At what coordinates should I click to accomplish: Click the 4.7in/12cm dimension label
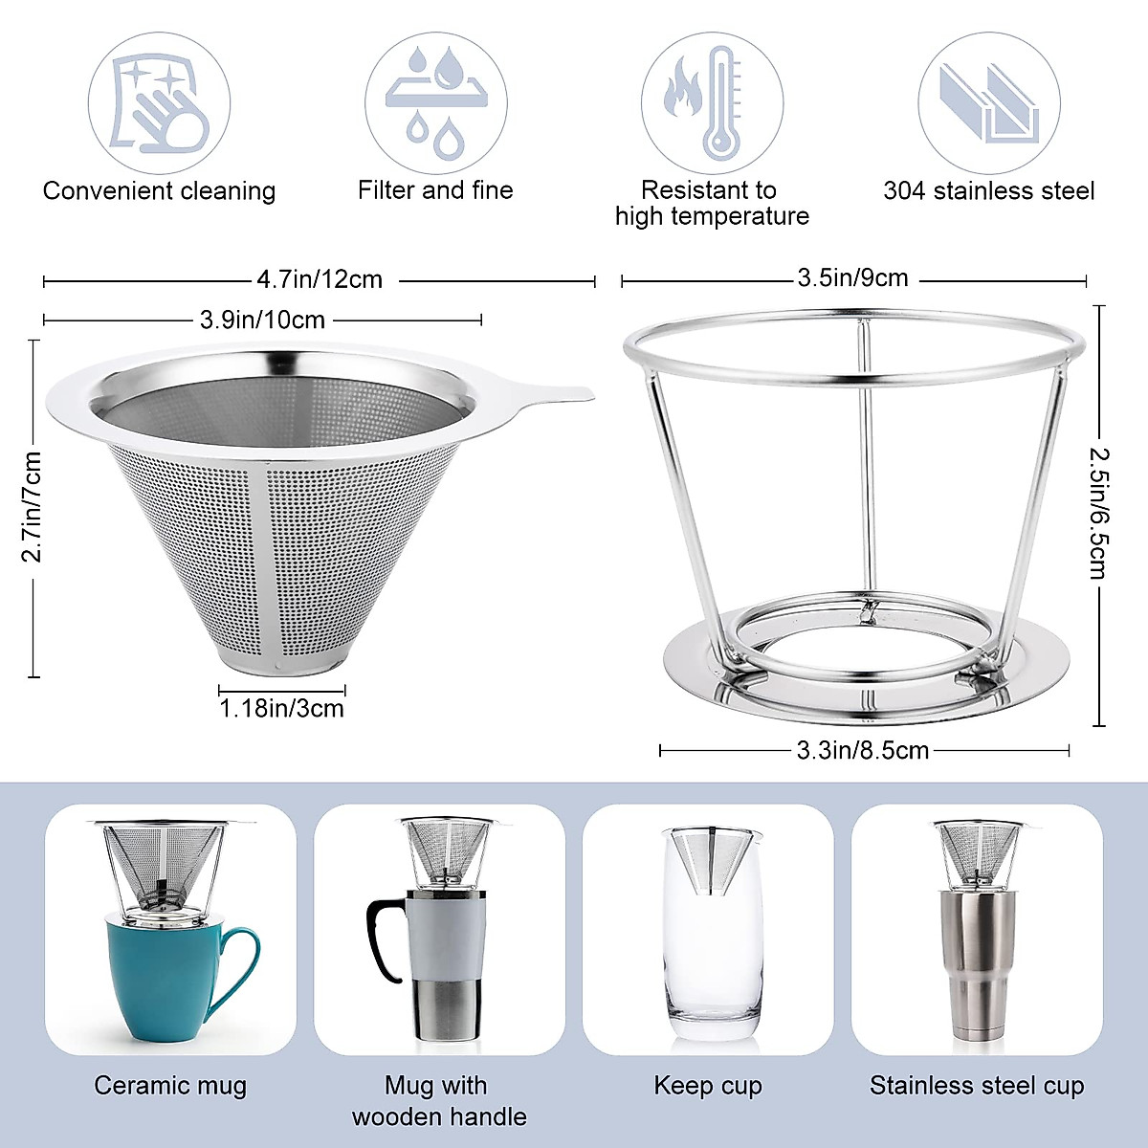coord(320,279)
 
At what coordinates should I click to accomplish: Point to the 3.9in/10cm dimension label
coord(262,320)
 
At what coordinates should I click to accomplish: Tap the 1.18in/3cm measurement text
coord(281,709)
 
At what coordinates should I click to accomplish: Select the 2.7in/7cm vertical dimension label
coord(33,507)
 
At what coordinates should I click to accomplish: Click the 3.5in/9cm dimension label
coord(852,278)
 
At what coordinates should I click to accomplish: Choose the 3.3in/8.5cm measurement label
coord(863,750)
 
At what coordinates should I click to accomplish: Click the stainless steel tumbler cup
coord(976,966)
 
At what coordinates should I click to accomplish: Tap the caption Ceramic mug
coord(170,1085)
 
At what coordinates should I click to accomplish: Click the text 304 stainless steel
coord(988,190)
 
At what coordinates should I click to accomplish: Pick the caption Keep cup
coord(708,1085)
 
